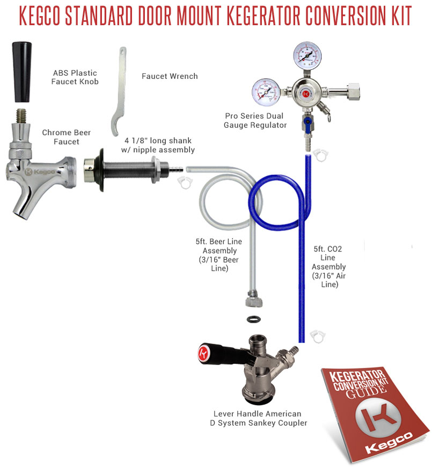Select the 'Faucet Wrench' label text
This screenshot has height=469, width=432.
click(170, 76)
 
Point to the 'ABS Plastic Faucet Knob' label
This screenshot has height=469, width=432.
click(75, 77)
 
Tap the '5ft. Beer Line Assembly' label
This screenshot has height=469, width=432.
click(219, 255)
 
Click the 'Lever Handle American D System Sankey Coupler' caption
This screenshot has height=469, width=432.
click(258, 418)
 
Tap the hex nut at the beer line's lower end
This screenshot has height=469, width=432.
click(253, 297)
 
